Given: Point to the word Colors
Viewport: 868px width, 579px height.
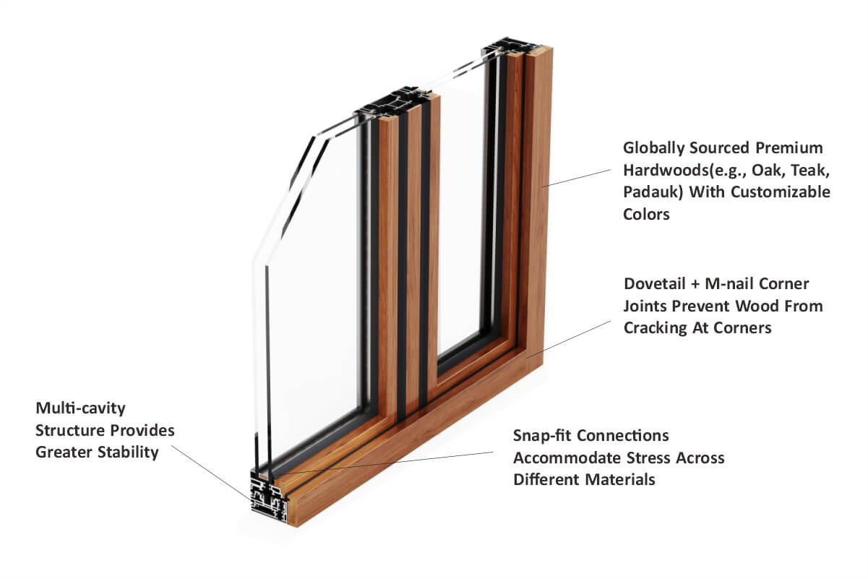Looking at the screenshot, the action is point(646,214).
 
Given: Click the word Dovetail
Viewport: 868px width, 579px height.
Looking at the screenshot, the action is point(655,283).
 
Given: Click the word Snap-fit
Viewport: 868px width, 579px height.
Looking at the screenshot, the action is point(542,436).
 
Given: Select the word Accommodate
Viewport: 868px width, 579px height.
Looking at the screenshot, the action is point(567,458).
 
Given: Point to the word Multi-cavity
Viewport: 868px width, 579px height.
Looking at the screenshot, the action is point(81,408).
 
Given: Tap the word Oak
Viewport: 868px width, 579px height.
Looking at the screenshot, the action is point(768,171).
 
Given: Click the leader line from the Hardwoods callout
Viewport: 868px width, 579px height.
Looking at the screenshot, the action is point(576,178).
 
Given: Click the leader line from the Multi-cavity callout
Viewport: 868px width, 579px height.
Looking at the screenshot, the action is point(212,473).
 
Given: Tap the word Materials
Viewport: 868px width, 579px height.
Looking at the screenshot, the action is point(620,480).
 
